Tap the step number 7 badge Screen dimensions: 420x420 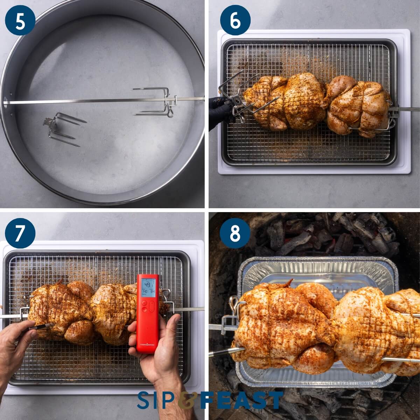point(20,233)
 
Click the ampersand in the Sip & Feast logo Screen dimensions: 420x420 point(187,400)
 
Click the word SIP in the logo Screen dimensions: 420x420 point(156,400)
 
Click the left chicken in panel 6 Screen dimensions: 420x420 point(283,101)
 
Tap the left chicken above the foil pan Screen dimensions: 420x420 point(280,325)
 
